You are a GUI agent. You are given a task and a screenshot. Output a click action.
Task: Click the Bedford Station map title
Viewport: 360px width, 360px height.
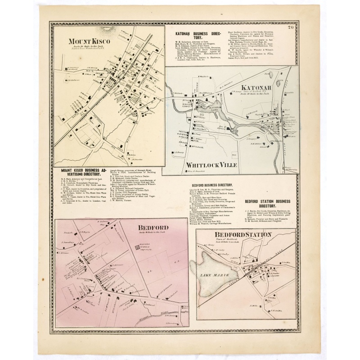click(243, 235)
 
